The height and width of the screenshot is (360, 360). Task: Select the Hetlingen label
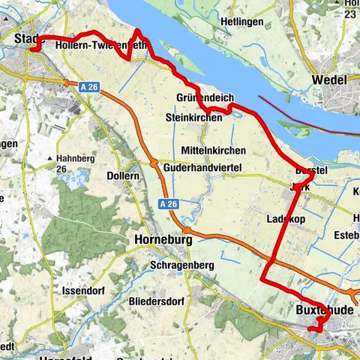(241, 22)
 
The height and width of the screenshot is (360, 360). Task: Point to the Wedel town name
(330, 80)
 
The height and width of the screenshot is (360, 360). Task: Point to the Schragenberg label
(181, 265)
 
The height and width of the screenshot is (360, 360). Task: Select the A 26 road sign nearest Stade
(88, 87)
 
